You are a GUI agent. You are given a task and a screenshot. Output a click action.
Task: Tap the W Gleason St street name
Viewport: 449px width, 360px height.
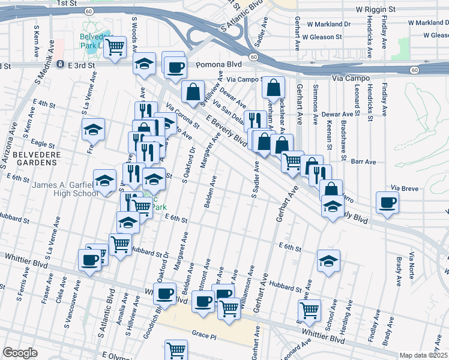click(x=322, y=37)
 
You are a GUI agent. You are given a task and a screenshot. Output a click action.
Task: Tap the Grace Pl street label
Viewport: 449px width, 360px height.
click(x=203, y=332)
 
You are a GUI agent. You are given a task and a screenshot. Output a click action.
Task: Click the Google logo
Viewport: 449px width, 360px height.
click(x=20, y=353)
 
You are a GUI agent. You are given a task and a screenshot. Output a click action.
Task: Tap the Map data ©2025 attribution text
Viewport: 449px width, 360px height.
click(x=424, y=355)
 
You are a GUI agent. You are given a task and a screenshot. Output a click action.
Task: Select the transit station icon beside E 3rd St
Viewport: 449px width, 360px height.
click(x=59, y=64)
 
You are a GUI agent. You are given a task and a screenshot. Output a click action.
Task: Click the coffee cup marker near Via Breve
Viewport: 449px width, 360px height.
click(x=387, y=202)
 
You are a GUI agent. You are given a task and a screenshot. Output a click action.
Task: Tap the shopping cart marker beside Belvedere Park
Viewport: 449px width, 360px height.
click(x=115, y=47)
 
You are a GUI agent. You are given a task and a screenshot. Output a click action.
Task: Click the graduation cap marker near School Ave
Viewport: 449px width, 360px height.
click(x=328, y=260)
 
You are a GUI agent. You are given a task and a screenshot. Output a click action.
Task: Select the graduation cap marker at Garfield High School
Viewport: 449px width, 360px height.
click(x=104, y=180)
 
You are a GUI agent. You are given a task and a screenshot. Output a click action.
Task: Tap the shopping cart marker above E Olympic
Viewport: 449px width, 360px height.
click(x=176, y=350)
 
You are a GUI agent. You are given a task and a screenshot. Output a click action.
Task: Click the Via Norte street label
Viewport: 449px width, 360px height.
click(x=411, y=264)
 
